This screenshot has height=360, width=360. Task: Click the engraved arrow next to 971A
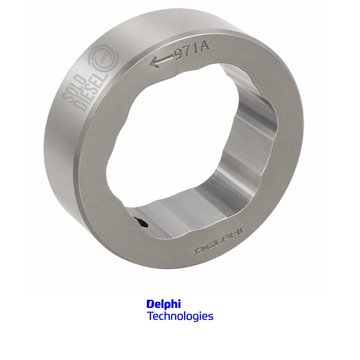pyautogui.click(x=162, y=61)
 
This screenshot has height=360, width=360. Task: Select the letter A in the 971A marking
pyautogui.click(x=204, y=47)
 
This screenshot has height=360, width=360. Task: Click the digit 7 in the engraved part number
pyautogui.click(x=188, y=52)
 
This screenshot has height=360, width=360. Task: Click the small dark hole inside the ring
pyautogui.click(x=141, y=222)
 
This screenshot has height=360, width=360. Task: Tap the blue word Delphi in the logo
pyautogui.click(x=163, y=304)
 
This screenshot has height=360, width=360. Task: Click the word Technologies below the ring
pyautogui.click(x=180, y=316)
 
